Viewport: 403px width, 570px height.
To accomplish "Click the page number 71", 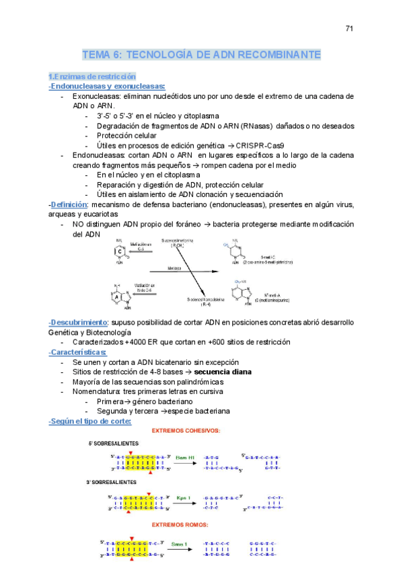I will pos(349,28).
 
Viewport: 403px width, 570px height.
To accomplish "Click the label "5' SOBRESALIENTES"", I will pos(113,444).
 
